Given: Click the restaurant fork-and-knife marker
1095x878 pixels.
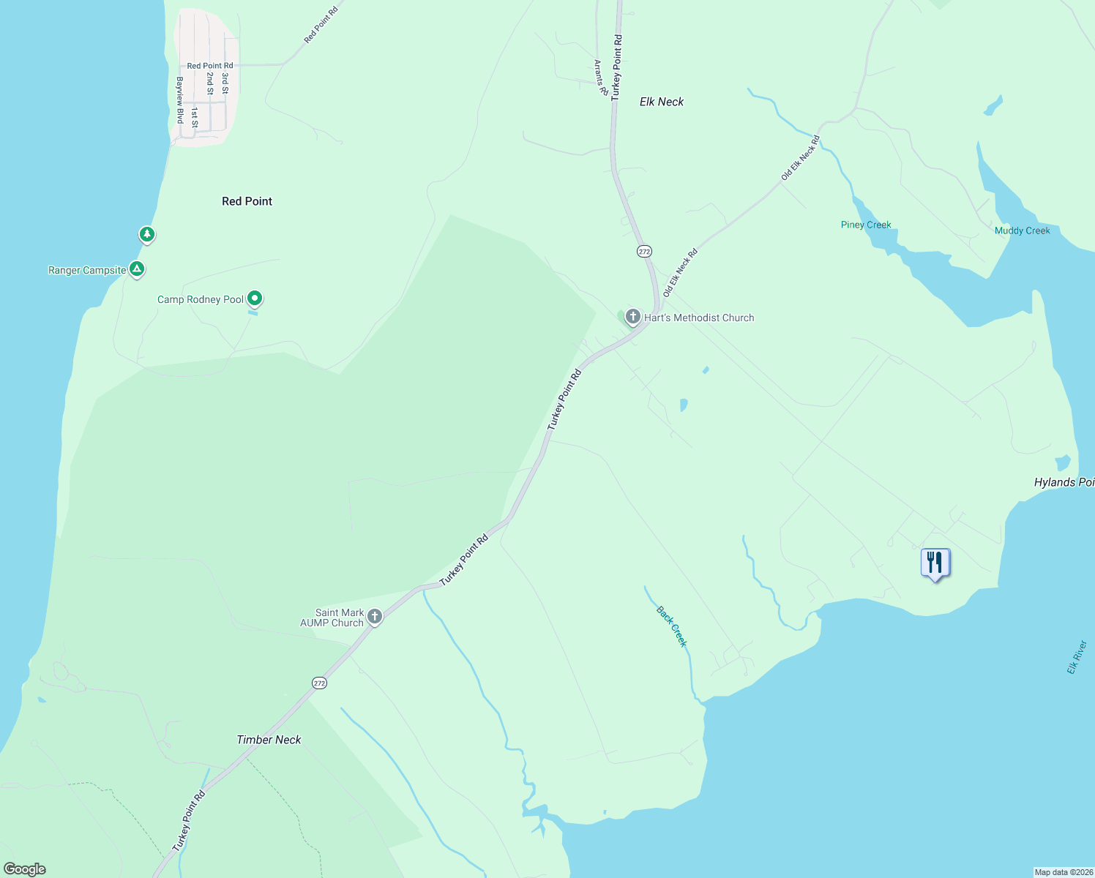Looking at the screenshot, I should coord(935,563).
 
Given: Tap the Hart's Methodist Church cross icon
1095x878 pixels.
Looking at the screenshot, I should coord(632,317).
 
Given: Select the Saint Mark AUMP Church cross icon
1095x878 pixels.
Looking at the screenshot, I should coord(375,617).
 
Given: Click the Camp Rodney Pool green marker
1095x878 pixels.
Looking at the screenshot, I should coord(255,298).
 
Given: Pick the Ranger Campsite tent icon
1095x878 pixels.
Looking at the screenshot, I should coord(136,269).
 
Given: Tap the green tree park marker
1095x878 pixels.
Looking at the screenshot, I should coord(147,234).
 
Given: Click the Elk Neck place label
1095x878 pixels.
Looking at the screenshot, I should coord(662,102).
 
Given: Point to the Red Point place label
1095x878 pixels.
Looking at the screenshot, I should coord(247,201).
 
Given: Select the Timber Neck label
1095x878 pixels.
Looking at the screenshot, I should coord(269,740).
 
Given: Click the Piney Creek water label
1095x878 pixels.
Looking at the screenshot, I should coord(866,225).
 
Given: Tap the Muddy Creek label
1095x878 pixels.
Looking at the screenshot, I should coord(1022,230).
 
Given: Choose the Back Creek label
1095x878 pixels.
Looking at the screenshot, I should coord(672,626).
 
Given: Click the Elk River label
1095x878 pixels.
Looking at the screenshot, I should coord(1077,657).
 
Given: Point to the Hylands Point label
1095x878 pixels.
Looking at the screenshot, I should coord(1064,482).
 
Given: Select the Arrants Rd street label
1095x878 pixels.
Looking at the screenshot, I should coord(600,78).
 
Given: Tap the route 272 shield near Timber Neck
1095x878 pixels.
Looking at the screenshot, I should coord(319,683).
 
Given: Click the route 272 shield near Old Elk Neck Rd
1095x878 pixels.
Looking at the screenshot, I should coord(643,251).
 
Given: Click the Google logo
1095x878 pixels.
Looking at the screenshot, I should coord(25,868).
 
